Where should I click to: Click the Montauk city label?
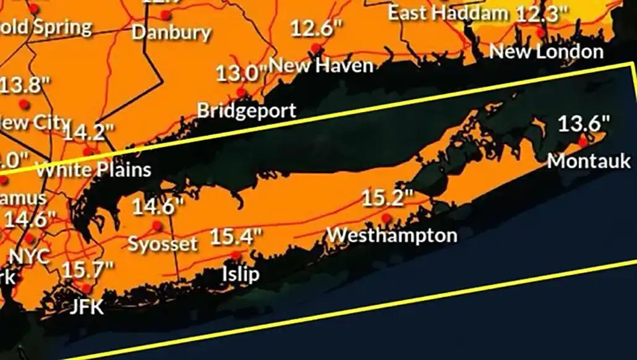[x=589, y=161]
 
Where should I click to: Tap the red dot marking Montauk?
[x=583, y=142]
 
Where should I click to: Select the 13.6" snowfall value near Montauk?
[x=584, y=124]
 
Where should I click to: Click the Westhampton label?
[x=392, y=236]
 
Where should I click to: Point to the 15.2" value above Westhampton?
[x=387, y=199]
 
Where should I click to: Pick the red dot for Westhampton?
[x=387, y=218]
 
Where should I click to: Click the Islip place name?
[x=241, y=273]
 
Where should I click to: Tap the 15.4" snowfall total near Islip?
[x=236, y=236]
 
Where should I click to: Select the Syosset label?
[x=163, y=244]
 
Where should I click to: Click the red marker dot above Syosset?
[x=157, y=226]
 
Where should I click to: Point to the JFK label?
[x=86, y=306]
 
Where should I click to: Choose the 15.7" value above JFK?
[x=88, y=270]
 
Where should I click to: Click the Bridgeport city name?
[x=247, y=111]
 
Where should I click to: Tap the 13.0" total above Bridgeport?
[x=240, y=74]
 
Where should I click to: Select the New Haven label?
[x=322, y=65]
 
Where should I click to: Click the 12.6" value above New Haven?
[x=316, y=28]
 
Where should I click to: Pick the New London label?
[x=547, y=51]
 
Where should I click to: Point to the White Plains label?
[x=93, y=169]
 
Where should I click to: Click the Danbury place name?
[x=171, y=32]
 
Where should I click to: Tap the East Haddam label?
[x=448, y=12]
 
